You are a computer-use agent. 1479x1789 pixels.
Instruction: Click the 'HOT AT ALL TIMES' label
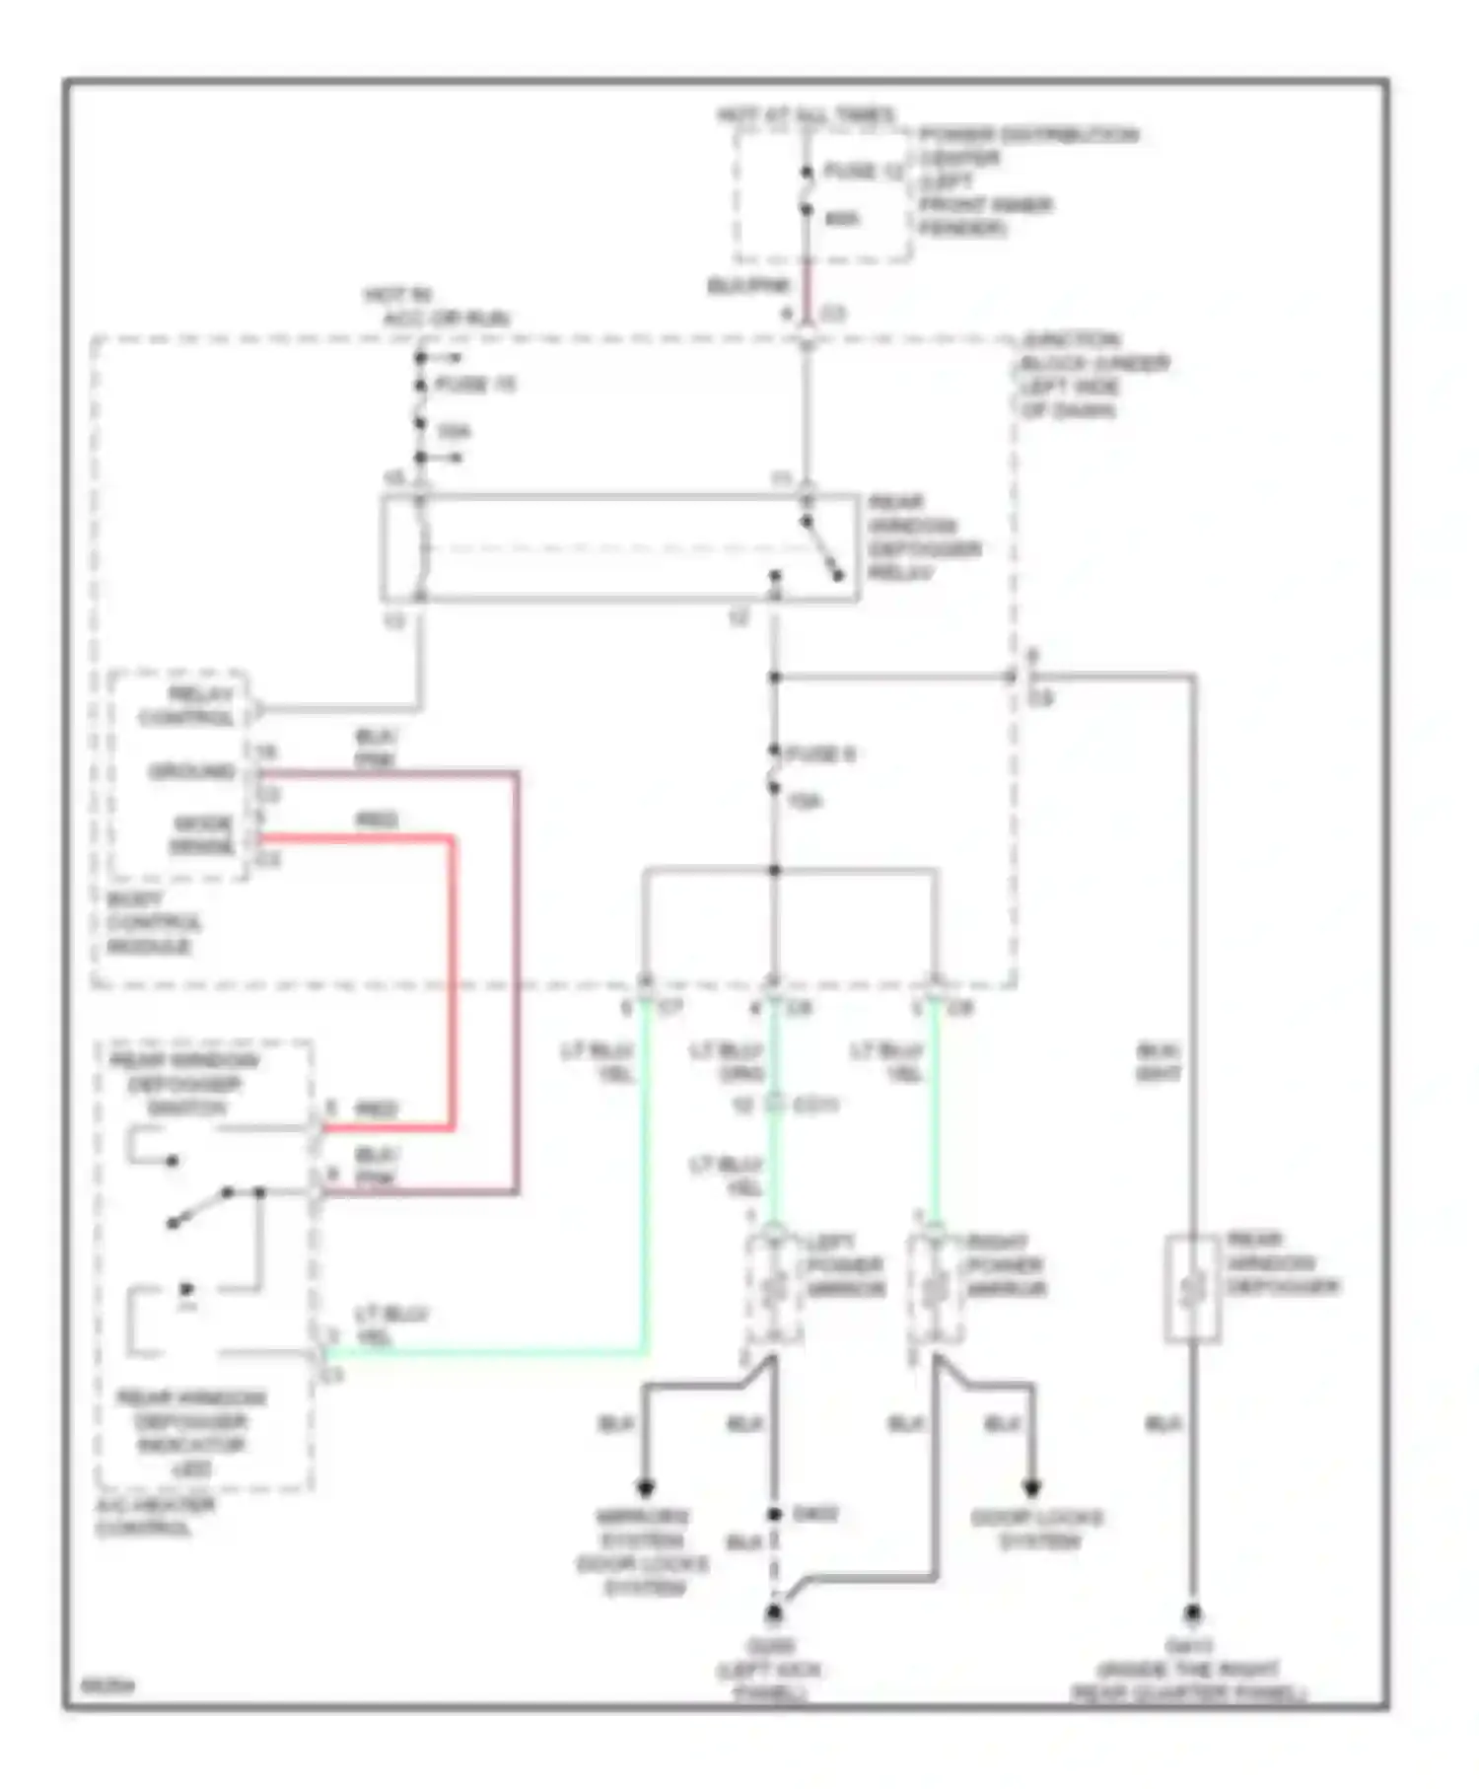click(806, 115)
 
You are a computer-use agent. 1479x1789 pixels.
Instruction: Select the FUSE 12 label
click(863, 171)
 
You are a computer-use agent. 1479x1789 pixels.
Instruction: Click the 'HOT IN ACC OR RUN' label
click(434, 307)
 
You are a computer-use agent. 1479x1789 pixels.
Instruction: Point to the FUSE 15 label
click(475, 385)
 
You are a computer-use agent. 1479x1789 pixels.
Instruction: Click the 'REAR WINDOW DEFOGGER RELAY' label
click(923, 537)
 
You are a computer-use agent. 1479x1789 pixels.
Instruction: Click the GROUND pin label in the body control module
click(192, 771)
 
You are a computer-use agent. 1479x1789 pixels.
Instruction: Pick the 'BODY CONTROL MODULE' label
click(153, 923)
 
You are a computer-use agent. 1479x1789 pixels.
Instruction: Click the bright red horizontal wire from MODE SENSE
click(355, 839)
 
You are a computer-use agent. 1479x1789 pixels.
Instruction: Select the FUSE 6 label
click(820, 754)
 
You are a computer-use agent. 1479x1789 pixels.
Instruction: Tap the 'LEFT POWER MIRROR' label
click(845, 1265)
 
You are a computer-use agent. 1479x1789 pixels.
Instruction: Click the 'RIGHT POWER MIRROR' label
click(1005, 1265)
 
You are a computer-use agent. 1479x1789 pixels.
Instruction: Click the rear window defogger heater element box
click(1192, 1288)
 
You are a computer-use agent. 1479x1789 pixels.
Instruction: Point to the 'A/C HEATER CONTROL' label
click(155, 1517)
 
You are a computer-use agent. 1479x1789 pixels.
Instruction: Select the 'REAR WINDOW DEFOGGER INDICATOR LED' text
click(192, 1433)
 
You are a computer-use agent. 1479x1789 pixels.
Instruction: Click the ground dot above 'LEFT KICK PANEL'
click(774, 1613)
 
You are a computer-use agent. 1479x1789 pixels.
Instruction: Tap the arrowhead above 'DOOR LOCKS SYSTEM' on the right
click(1031, 1487)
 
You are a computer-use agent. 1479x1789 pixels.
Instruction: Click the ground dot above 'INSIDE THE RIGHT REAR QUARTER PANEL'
click(1192, 1613)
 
